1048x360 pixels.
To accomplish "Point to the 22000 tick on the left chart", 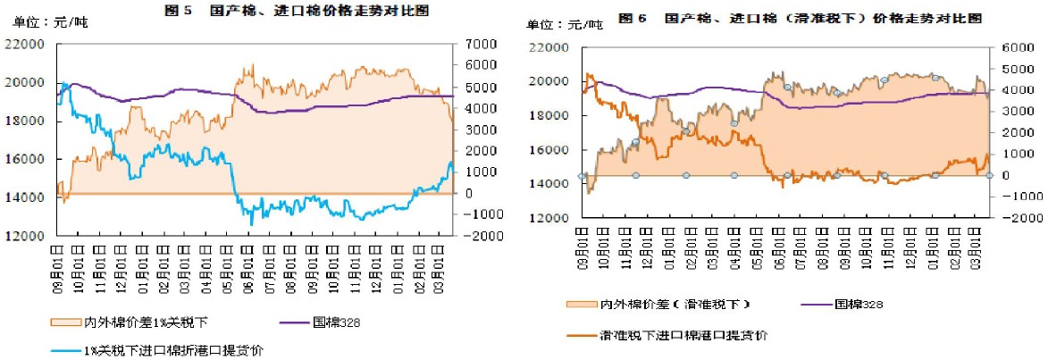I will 24,44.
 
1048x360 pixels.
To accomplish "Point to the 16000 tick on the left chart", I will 24,159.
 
